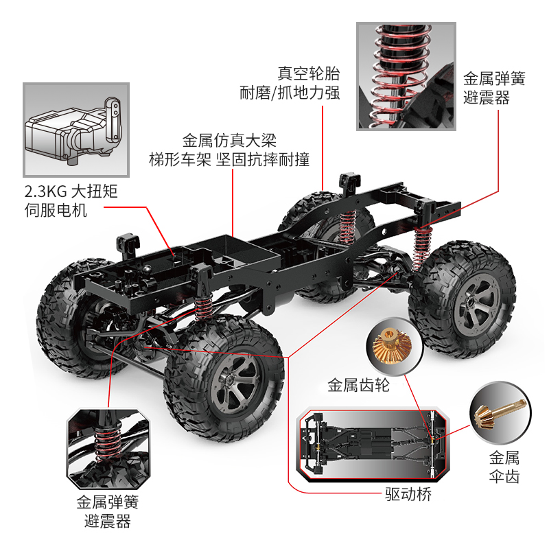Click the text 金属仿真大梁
pyautogui.click(x=229, y=141)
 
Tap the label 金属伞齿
pyautogui.click(x=504, y=458)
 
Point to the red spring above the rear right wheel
pyautogui.click(x=422, y=248)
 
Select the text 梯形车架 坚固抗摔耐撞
pyautogui.click(x=229, y=161)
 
